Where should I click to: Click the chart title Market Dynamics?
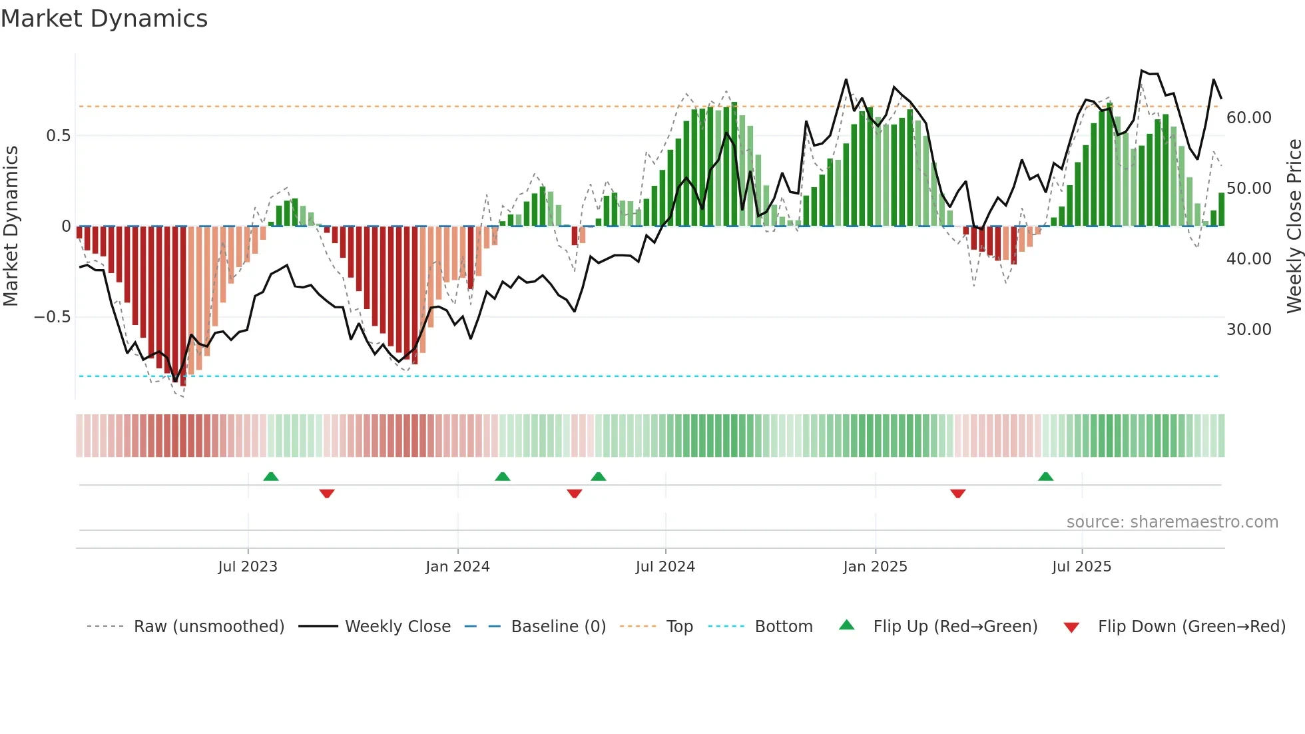105,19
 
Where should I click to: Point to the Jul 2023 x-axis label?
248,567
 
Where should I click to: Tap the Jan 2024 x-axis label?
457,567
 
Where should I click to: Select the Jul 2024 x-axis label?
665,567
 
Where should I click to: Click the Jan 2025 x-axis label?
875,567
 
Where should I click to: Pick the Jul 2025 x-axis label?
1082,567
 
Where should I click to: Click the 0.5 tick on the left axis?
58,136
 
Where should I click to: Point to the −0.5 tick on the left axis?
53,317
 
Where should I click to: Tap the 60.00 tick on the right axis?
1249,118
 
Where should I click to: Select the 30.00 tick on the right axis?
1249,330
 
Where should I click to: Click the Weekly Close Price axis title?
1294,226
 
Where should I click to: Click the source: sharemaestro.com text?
1172,522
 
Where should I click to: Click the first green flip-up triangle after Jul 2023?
271,477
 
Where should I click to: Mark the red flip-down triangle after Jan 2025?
957,494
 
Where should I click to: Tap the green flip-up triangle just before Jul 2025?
1045,477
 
